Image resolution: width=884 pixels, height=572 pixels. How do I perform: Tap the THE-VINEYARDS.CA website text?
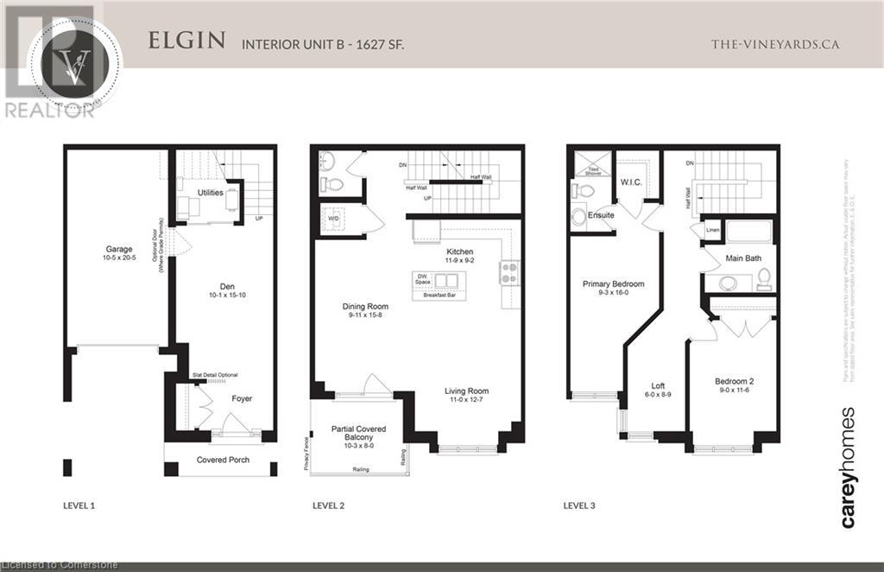[774, 44]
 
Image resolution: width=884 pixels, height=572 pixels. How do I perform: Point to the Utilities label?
[211, 192]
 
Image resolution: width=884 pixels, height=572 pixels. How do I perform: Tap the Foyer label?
[241, 398]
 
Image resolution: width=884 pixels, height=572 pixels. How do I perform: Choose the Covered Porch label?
[223, 460]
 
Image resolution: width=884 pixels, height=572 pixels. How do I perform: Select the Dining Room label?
[365, 306]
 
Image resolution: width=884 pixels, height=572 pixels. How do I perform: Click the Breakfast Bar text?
[440, 296]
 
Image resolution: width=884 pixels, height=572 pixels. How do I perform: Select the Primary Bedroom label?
[613, 283]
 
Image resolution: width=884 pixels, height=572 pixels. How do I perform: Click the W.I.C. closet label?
[629, 182]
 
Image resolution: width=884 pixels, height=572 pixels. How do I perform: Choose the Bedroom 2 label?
[735, 381]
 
